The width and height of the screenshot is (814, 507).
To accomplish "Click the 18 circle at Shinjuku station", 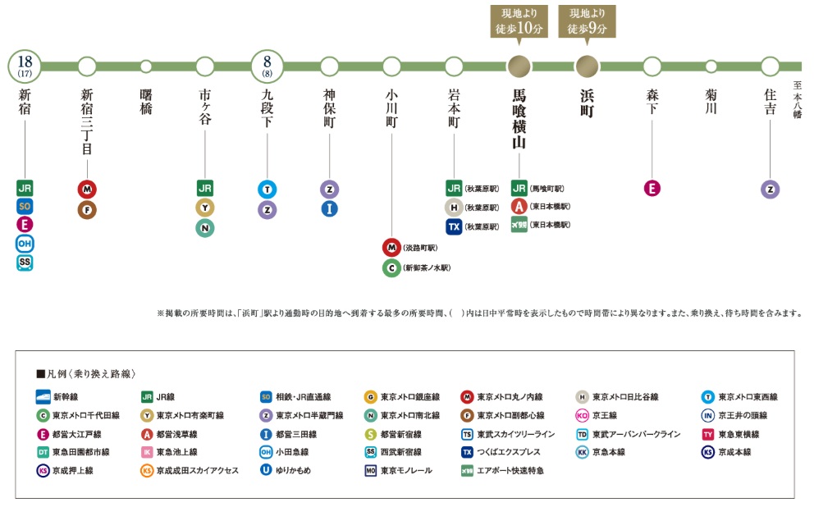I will click(x=25, y=66).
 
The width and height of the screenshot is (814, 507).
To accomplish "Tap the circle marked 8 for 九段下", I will click(x=268, y=66).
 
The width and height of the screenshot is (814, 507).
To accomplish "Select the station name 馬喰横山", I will click(x=518, y=119).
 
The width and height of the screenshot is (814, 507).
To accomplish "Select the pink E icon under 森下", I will click(x=652, y=189).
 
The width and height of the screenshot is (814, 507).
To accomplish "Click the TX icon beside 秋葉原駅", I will click(x=454, y=226).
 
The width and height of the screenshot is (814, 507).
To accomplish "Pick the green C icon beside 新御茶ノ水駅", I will click(x=391, y=267).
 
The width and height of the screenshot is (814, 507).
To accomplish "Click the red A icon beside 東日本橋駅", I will click(x=519, y=206).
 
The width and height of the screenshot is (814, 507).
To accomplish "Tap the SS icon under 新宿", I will click(x=25, y=263).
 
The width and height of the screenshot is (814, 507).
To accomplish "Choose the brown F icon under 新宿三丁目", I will click(x=87, y=209).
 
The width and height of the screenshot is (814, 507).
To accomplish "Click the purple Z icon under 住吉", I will click(x=770, y=189).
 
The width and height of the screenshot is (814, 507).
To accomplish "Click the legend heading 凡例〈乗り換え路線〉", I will click(x=85, y=372).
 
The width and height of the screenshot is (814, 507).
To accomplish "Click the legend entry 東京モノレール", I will click(x=401, y=470).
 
